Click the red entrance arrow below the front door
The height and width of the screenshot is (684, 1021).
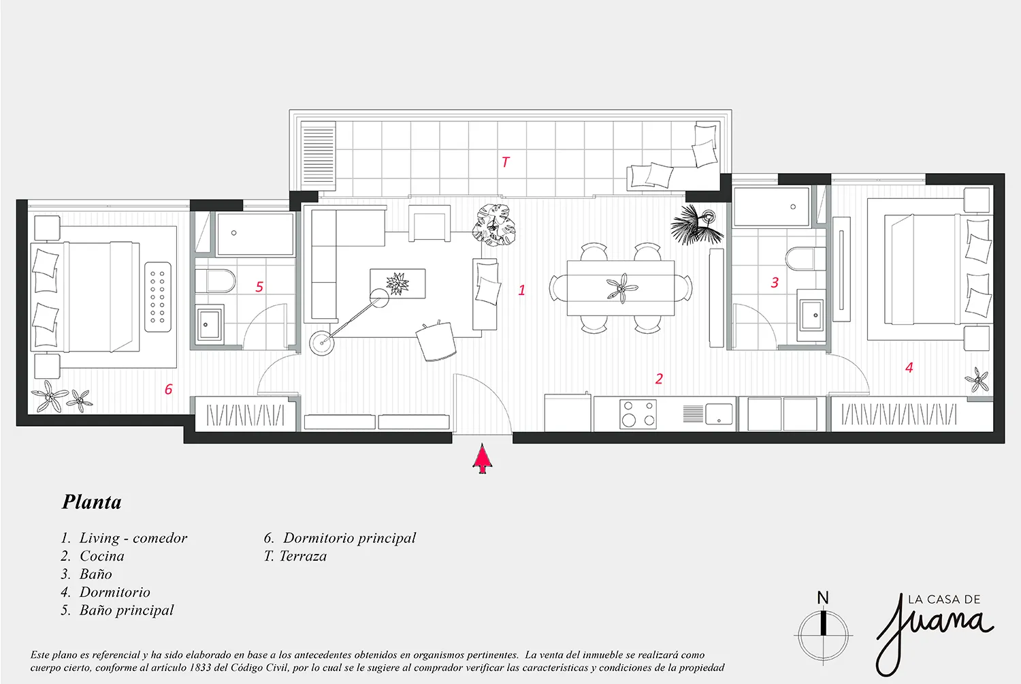coord(482,459)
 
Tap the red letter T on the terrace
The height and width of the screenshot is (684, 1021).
coord(505,162)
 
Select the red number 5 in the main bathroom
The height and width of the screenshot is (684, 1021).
coord(259,287)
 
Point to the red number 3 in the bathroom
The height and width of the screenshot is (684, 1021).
coord(775,283)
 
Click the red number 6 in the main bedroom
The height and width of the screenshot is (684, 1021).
coord(168,389)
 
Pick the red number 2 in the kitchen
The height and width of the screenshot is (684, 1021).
coord(659,379)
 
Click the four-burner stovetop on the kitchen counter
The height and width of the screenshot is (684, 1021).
coord(638,414)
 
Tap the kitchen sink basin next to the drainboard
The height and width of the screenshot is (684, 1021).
coord(719,414)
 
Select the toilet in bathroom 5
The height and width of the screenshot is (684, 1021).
coord(214,281)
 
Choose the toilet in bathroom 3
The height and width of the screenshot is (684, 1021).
coord(805,258)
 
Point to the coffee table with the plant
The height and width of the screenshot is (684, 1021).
coord(398,283)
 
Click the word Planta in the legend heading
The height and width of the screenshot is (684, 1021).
coord(92,502)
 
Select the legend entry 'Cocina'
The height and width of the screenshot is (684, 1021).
coord(101,556)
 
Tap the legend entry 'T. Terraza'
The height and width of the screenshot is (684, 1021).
coord(295,556)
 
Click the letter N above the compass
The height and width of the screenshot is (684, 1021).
coord(823,597)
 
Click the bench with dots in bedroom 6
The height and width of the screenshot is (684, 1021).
coord(158,297)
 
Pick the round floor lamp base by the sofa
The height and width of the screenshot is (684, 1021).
coord(322,343)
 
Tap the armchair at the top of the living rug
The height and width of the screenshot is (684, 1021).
coord(430,223)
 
